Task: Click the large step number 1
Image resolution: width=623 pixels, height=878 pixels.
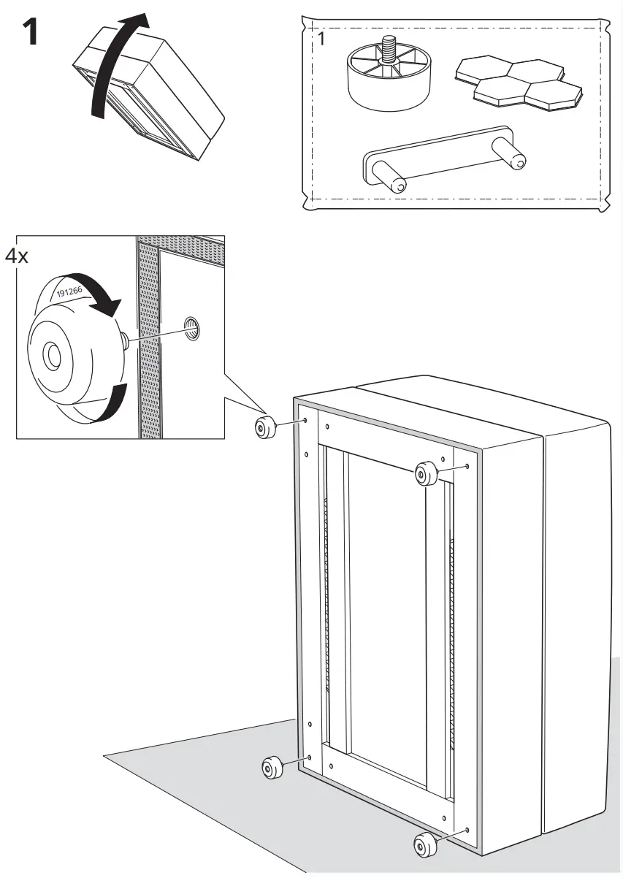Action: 31,33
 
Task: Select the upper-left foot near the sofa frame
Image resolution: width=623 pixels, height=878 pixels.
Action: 263,429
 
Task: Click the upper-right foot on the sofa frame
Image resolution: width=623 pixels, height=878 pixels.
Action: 424,473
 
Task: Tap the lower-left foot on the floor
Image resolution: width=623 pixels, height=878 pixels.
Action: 273,768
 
